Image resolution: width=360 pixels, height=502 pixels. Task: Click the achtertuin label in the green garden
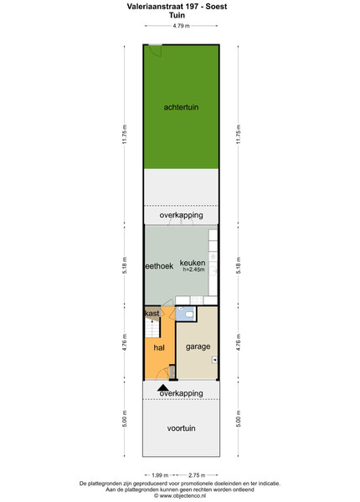tap(181, 107)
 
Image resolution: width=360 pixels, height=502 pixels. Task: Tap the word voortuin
tap(181, 428)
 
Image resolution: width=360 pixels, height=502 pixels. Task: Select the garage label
tap(198, 346)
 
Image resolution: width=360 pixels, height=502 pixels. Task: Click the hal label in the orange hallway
tap(159, 347)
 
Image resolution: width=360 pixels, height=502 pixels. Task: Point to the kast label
tap(152, 313)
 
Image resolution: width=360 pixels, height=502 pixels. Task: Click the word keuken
tap(193, 263)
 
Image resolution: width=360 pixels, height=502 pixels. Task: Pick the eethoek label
tap(160, 266)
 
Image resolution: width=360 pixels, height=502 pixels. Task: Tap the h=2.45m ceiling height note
tap(193, 269)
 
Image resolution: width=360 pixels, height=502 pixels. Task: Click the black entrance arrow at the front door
tap(163, 387)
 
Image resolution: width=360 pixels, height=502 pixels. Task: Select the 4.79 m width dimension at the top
tap(181, 26)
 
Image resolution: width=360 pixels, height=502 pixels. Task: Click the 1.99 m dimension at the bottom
tap(160, 475)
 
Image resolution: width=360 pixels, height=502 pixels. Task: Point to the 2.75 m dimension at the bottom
tap(197, 475)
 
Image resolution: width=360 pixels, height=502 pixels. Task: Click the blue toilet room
tap(186, 314)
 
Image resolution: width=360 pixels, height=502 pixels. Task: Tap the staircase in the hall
tap(152, 327)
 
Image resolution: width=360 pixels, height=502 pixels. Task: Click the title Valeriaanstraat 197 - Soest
tap(177, 7)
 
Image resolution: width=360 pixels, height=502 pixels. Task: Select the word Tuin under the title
tap(177, 15)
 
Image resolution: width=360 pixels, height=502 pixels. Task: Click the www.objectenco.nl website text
tap(180, 495)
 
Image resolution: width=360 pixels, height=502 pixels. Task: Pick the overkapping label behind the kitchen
tap(181, 215)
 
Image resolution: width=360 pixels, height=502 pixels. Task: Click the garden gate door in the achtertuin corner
tap(156, 50)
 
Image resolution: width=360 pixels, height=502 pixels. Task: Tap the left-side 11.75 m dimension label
tap(125, 134)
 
